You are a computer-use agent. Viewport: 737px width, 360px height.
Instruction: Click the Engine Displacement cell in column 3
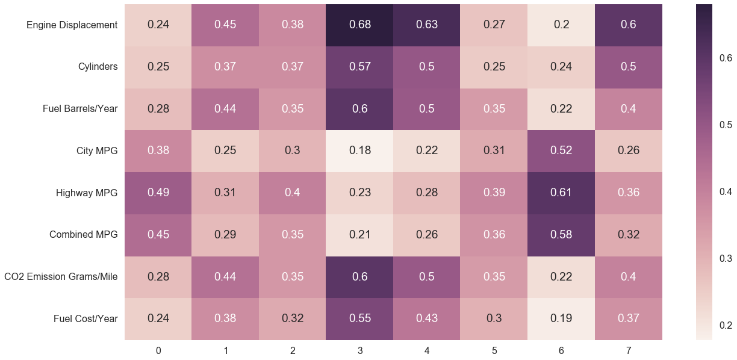[x=360, y=25]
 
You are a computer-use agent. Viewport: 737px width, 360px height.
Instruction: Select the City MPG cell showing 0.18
[x=360, y=151]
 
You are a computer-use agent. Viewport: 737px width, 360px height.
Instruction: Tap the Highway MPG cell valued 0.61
[x=561, y=193]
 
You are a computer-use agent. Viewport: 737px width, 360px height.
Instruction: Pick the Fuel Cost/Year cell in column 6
[x=561, y=318]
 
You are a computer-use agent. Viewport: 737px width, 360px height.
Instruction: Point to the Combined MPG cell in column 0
[x=158, y=235]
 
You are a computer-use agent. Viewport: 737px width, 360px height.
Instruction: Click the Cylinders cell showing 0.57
[x=360, y=67]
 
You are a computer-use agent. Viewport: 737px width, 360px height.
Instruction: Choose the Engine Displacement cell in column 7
[x=629, y=25]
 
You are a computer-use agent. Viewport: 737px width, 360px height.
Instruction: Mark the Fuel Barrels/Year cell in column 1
[x=225, y=109]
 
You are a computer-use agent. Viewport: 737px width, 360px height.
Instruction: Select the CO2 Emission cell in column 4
[x=427, y=277]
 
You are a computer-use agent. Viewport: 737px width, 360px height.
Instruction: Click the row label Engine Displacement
[x=72, y=25]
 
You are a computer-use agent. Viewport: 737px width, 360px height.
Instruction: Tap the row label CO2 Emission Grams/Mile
[x=60, y=277]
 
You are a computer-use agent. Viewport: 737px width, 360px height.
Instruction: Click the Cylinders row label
[x=98, y=67]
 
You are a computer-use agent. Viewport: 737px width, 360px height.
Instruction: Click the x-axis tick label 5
[x=494, y=350]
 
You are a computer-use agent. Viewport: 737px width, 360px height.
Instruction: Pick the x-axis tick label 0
[x=158, y=350]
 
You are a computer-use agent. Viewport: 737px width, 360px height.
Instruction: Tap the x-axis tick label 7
[x=629, y=350]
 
